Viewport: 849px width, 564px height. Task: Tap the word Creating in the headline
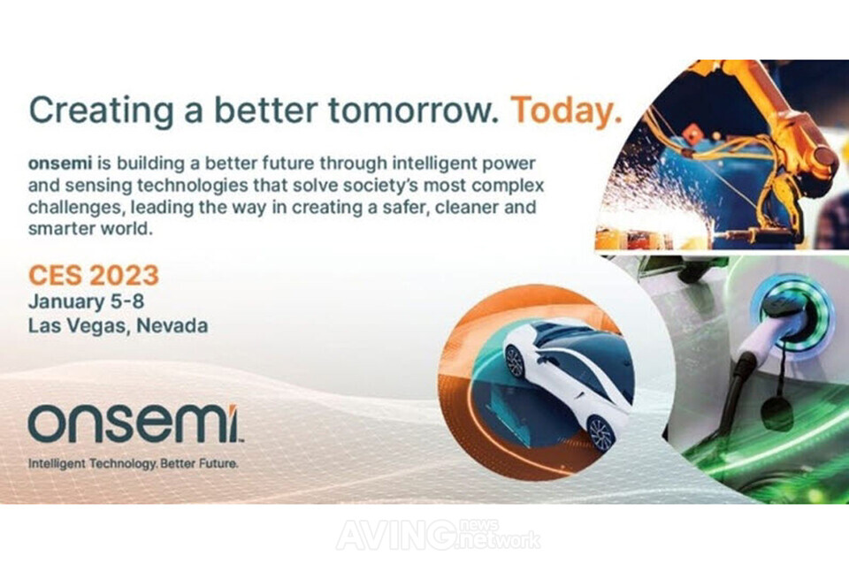point(101,111)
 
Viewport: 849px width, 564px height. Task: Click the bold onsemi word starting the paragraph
point(59,163)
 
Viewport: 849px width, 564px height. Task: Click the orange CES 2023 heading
point(94,275)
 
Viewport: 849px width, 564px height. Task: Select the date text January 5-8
point(86,302)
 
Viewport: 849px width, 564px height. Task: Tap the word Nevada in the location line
point(172,326)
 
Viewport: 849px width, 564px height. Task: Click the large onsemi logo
point(135,423)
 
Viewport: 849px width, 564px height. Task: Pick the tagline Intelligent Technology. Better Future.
point(134,464)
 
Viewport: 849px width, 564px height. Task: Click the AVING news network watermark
point(439,535)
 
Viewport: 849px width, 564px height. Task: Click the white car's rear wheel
point(600,433)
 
